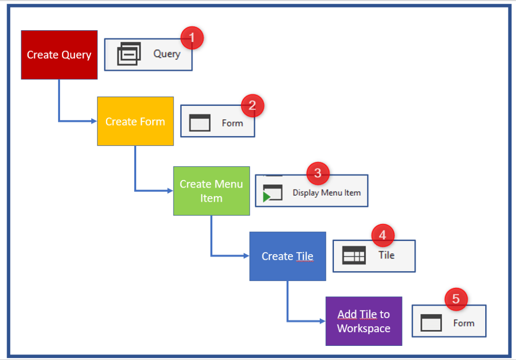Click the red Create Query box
click(x=59, y=55)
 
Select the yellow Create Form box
click(x=135, y=122)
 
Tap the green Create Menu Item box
click(x=211, y=191)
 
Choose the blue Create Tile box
click(x=288, y=256)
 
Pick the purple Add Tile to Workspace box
click(x=364, y=321)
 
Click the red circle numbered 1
click(x=192, y=38)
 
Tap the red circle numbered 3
click(x=318, y=173)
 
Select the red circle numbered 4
click(x=383, y=235)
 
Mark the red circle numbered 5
click(x=456, y=299)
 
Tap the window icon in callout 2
click(x=200, y=123)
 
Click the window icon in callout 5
click(x=431, y=323)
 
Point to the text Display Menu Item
click(x=326, y=193)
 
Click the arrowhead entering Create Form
click(x=94, y=121)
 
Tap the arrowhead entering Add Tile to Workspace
click(x=322, y=321)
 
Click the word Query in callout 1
click(x=167, y=53)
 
